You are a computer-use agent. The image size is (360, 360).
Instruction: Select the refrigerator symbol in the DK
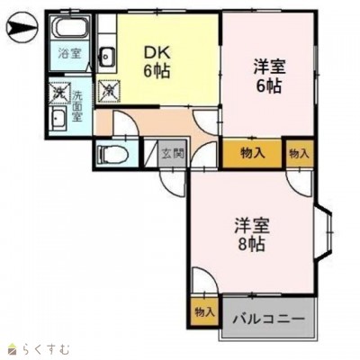[x=110, y=89]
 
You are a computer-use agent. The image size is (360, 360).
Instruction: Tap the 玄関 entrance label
[x=173, y=152]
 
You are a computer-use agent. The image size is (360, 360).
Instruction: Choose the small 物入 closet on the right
[x=299, y=152]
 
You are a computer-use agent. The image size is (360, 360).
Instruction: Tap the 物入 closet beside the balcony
[x=204, y=311]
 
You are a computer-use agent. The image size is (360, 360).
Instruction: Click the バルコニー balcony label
[x=267, y=318]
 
